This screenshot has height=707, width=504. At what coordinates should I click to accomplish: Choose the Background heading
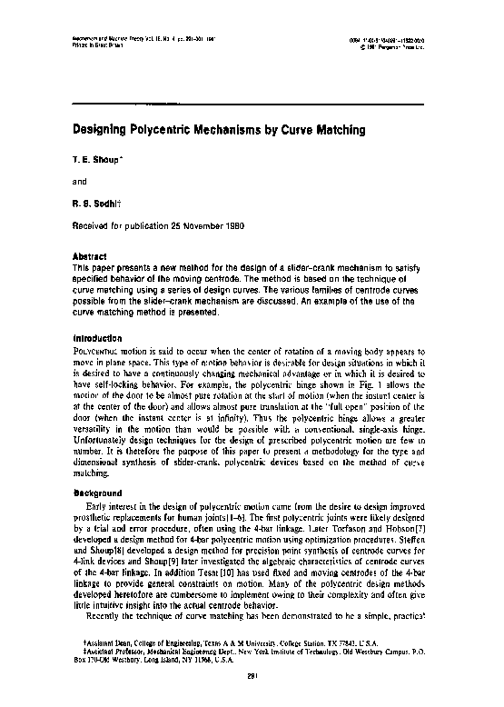(95, 492)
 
